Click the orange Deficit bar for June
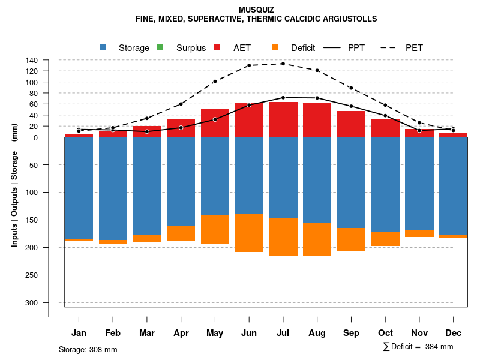pyautogui.click(x=249, y=233)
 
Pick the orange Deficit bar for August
pyautogui.click(x=317, y=239)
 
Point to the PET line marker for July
pyautogui.click(x=283, y=64)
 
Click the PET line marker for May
pyautogui.click(x=215, y=81)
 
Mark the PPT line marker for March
pyautogui.click(x=147, y=131)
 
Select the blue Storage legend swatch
pyautogui.click(x=103, y=47)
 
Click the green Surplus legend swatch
pyautogui.click(x=160, y=47)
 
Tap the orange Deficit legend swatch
pyautogui.click(x=275, y=47)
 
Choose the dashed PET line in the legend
pyautogui.click(x=392, y=47)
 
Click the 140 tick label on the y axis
pyautogui.click(x=32, y=60)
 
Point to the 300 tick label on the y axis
pyautogui.click(x=32, y=302)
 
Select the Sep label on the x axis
pyautogui.click(x=351, y=333)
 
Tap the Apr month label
pyautogui.click(x=181, y=333)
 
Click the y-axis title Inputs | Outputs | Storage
pyautogui.click(x=14, y=185)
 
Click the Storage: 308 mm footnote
pyautogui.click(x=88, y=349)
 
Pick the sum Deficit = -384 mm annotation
pyautogui.click(x=418, y=346)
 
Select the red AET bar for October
pyautogui.click(x=385, y=128)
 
